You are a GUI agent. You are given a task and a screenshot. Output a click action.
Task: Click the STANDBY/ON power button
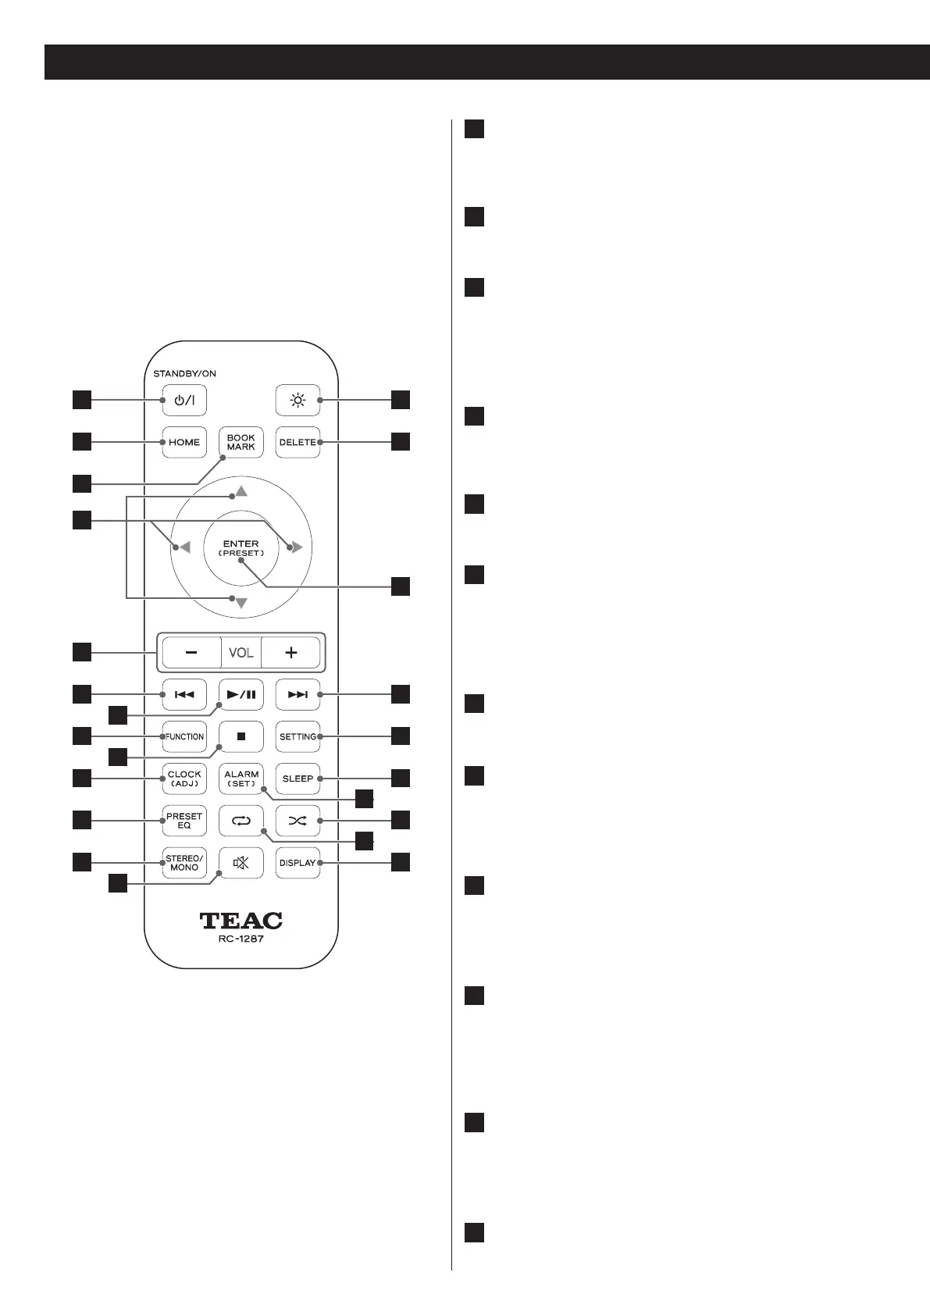[x=184, y=401]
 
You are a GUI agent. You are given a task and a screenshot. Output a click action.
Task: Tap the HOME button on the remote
[x=184, y=442]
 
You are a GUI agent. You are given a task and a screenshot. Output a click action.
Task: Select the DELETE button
[x=298, y=442]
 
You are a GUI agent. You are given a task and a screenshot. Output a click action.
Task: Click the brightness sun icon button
[x=298, y=401]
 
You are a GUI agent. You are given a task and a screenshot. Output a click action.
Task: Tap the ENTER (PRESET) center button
[x=241, y=548]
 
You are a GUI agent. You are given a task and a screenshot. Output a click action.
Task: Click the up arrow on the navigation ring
[x=241, y=492]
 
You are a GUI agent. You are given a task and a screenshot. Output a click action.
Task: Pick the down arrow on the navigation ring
[x=241, y=603]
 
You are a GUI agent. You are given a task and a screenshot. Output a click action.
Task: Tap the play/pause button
[x=241, y=694]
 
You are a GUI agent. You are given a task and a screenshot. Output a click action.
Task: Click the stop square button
[x=241, y=736]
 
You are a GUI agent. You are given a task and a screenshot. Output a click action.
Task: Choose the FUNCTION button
[x=184, y=736]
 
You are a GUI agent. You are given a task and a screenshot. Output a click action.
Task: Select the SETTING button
[x=298, y=736]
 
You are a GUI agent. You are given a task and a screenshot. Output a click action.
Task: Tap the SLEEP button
[x=298, y=779]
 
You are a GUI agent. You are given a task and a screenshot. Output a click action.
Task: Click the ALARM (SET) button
[x=241, y=779]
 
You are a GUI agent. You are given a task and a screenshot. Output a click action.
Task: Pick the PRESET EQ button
[x=184, y=821]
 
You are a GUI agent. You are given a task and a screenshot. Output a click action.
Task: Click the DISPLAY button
[x=298, y=863]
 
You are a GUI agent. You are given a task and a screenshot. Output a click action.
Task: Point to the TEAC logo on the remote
[x=241, y=921]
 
